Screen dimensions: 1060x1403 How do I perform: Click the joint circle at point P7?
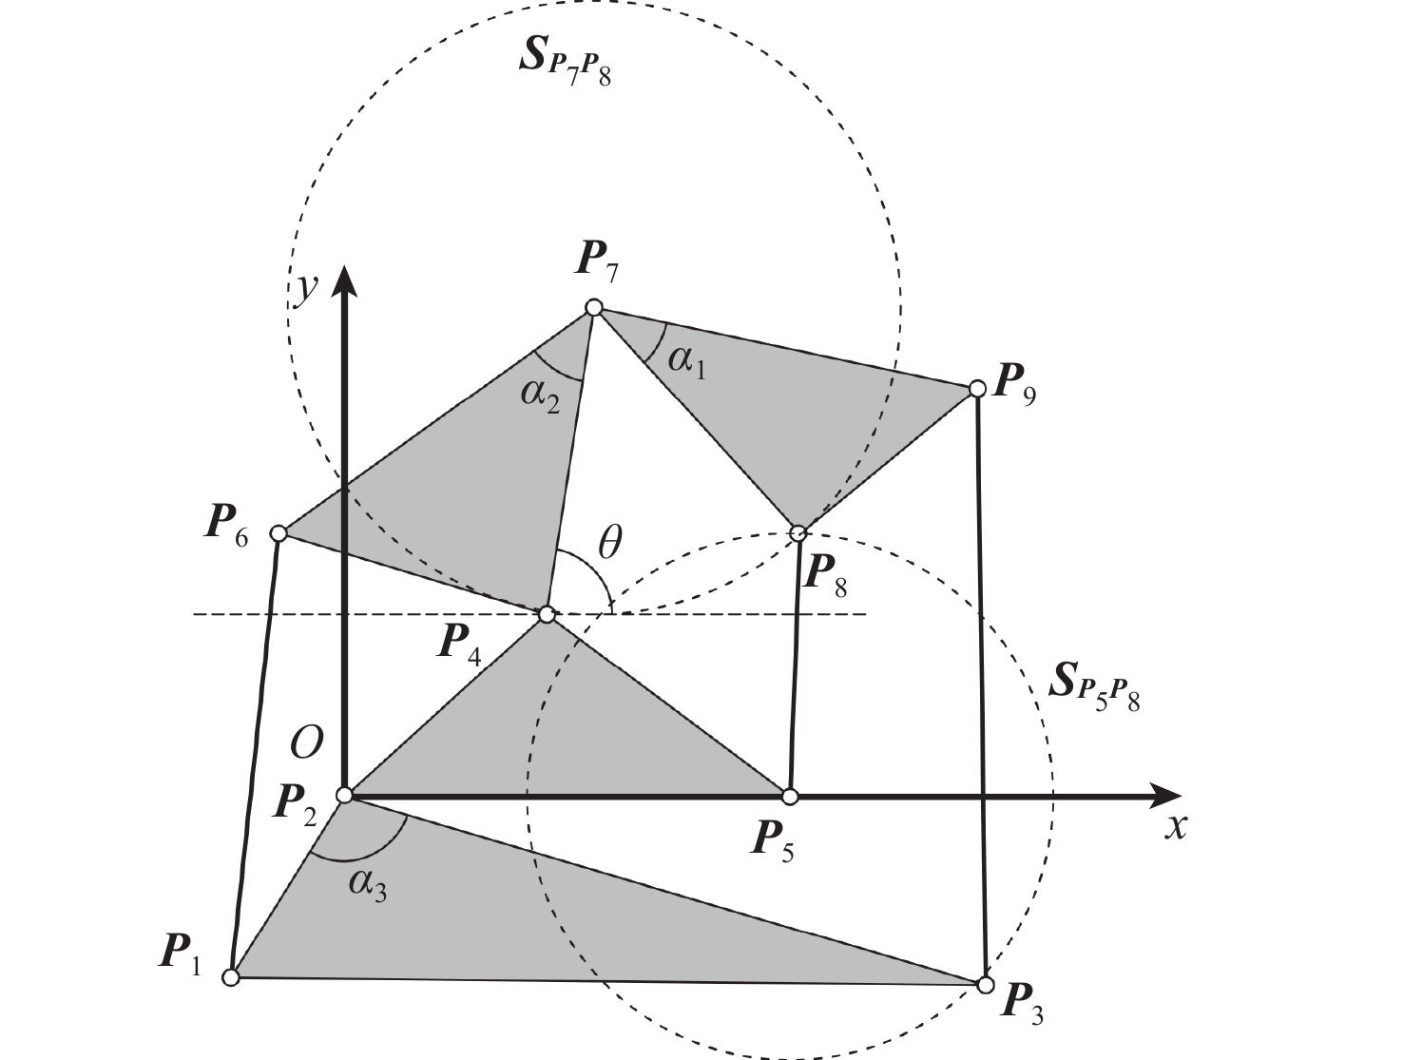coord(594,307)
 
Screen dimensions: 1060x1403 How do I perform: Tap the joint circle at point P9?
coord(976,389)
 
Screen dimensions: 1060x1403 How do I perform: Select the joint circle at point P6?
coord(279,533)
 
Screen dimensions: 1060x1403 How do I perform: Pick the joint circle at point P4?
coord(547,615)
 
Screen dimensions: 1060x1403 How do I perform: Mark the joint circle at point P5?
coord(789,796)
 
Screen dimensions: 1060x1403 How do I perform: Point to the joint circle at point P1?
coord(230,977)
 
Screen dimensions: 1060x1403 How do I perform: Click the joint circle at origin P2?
coord(345,795)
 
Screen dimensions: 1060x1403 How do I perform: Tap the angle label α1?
coord(687,361)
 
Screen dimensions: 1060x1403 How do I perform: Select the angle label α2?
coord(540,394)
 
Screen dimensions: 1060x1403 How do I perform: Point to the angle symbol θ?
coord(609,544)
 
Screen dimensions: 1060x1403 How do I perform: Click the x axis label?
coord(1177,827)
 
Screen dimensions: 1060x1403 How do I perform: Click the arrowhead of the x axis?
coord(1165,796)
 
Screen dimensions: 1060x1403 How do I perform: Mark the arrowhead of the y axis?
coord(345,282)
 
